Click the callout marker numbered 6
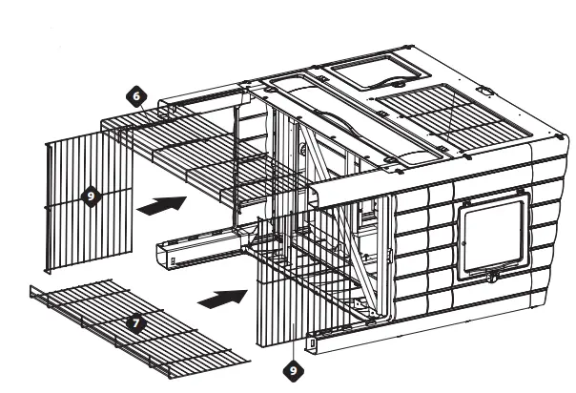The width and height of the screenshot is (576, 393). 135,96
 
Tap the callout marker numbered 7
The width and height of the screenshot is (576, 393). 134,322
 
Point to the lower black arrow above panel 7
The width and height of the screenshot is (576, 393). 217,297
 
